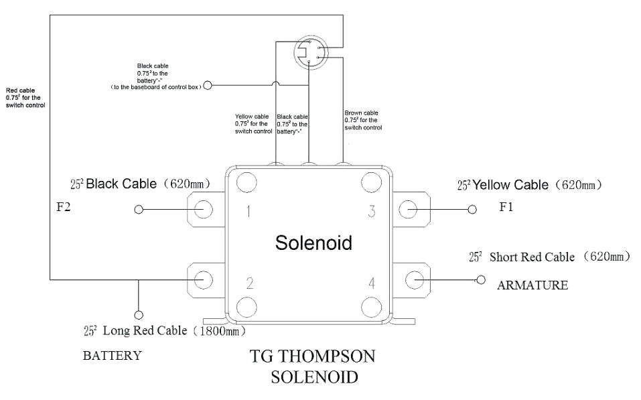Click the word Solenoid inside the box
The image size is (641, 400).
[313, 243]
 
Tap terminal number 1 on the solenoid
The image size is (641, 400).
[248, 212]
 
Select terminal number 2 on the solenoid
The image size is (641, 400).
[248, 282]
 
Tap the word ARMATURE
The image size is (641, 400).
[532, 285]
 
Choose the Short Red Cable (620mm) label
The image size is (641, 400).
[549, 257]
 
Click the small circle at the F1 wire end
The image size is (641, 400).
[472, 210]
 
